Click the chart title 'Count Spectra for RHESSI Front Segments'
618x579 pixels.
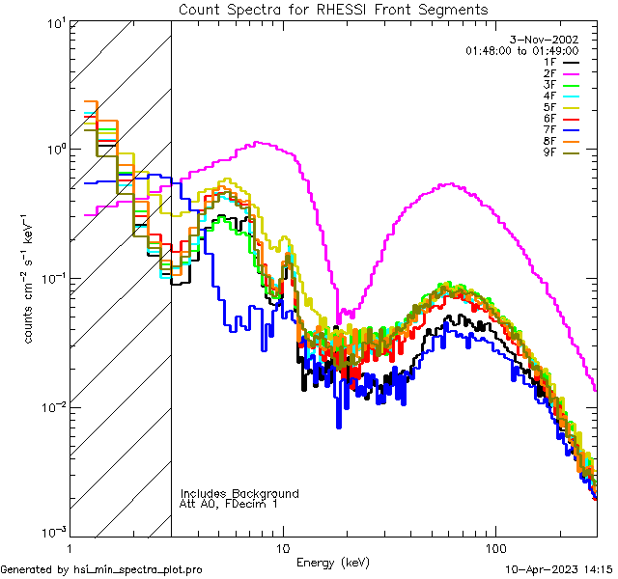tap(333, 9)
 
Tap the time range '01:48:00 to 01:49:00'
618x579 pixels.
tap(521, 50)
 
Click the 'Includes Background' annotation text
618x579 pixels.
tap(239, 494)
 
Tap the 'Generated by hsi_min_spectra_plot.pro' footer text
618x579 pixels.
tap(101, 569)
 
